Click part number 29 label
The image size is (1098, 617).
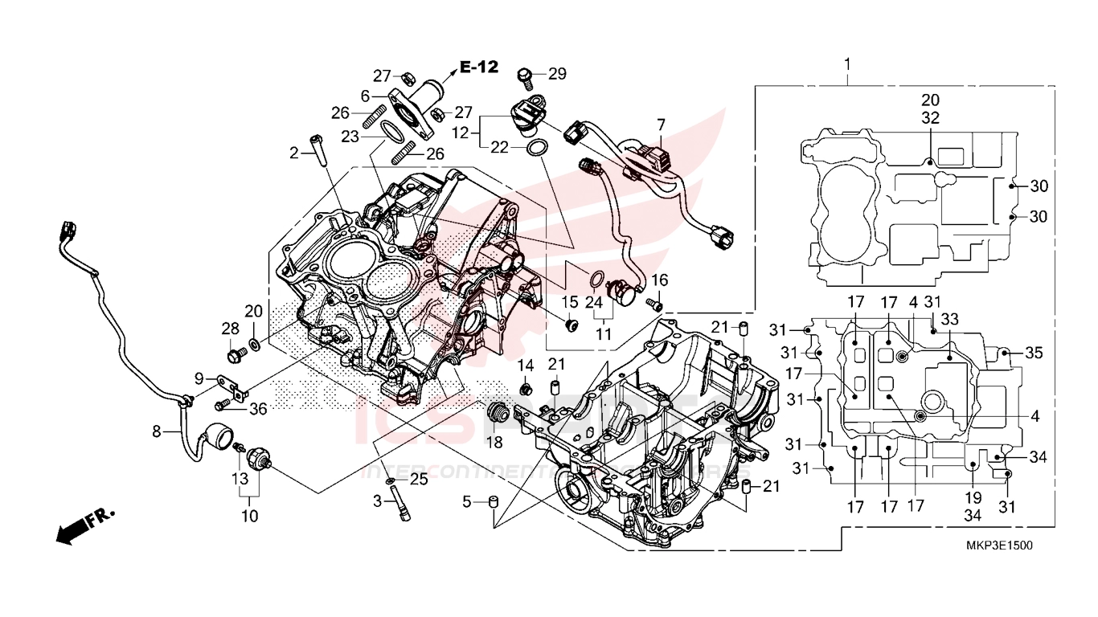557,74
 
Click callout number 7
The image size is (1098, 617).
661,125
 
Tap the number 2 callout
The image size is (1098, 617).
294,152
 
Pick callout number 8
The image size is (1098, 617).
157,431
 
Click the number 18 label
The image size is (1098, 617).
494,442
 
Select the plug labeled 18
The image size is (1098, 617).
497,414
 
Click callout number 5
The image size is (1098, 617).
467,503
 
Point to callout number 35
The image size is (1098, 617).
1034,352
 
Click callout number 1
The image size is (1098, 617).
846,63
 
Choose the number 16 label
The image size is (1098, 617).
659,280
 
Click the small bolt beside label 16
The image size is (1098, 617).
654,304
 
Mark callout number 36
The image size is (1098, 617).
257,409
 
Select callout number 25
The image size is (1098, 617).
418,480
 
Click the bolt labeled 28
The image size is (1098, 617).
236,352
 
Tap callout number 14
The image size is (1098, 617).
526,366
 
